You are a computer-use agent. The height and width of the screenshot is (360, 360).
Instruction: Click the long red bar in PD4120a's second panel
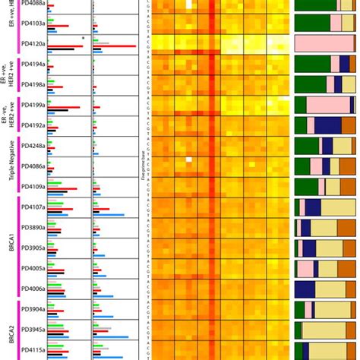[114, 47]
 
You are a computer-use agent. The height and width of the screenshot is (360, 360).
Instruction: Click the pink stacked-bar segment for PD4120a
[324, 44]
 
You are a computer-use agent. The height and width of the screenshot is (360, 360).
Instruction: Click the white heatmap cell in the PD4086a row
[189, 159]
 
